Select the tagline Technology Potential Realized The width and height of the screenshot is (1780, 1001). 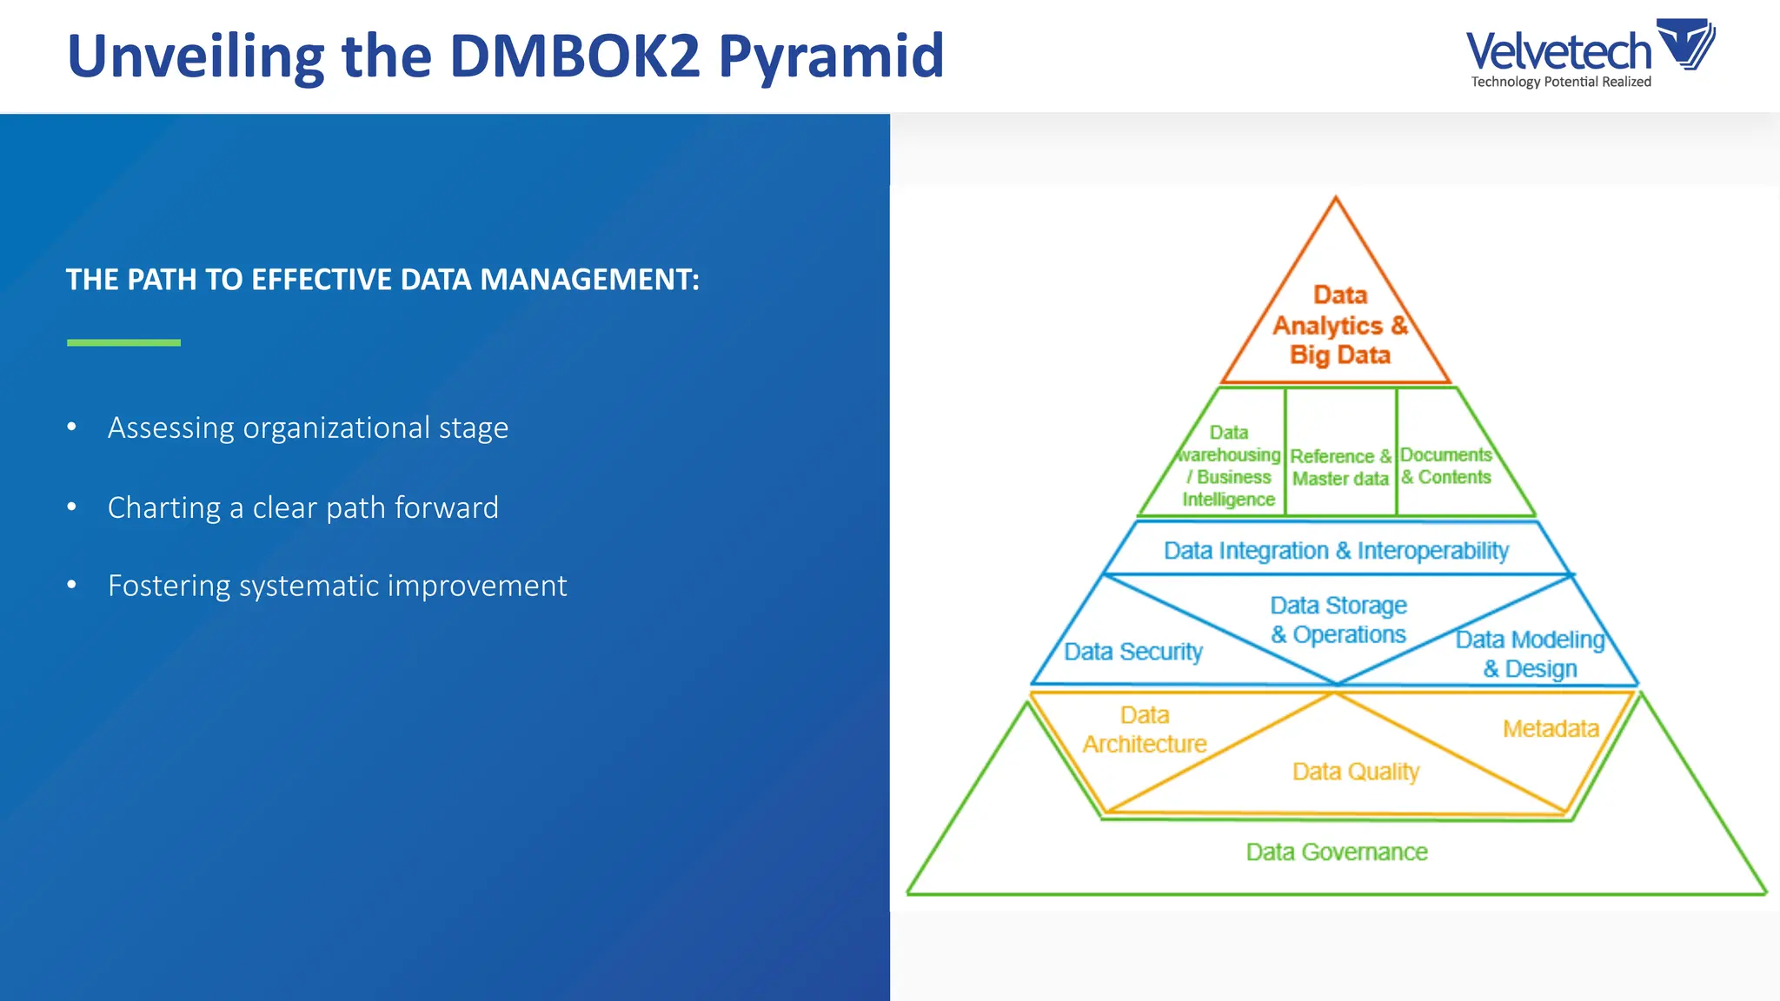tap(1561, 82)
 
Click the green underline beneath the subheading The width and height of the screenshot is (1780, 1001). tap(123, 343)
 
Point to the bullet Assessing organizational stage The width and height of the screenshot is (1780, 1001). tap(308, 428)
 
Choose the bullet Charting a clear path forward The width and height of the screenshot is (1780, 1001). tap(302, 507)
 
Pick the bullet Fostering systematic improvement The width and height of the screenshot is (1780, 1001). tap(337, 587)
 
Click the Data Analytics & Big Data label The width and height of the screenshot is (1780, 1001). tap(1339, 325)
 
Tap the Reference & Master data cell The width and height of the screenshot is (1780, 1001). tap(1340, 467)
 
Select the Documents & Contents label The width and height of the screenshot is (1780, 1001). tap(1446, 466)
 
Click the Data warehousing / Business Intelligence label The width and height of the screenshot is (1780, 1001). tap(1229, 466)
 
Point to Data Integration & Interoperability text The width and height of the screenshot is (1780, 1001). tap(1336, 551)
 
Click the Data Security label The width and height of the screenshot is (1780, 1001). tap(1133, 652)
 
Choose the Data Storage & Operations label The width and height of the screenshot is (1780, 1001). tap(1338, 620)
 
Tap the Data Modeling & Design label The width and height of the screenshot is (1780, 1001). tap(1530, 654)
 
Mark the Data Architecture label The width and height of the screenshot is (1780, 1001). tap(1145, 730)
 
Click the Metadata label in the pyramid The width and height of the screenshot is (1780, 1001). tap(1551, 729)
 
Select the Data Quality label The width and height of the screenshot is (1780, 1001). tap(1355, 772)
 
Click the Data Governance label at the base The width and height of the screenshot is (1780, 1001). tap(1337, 852)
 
